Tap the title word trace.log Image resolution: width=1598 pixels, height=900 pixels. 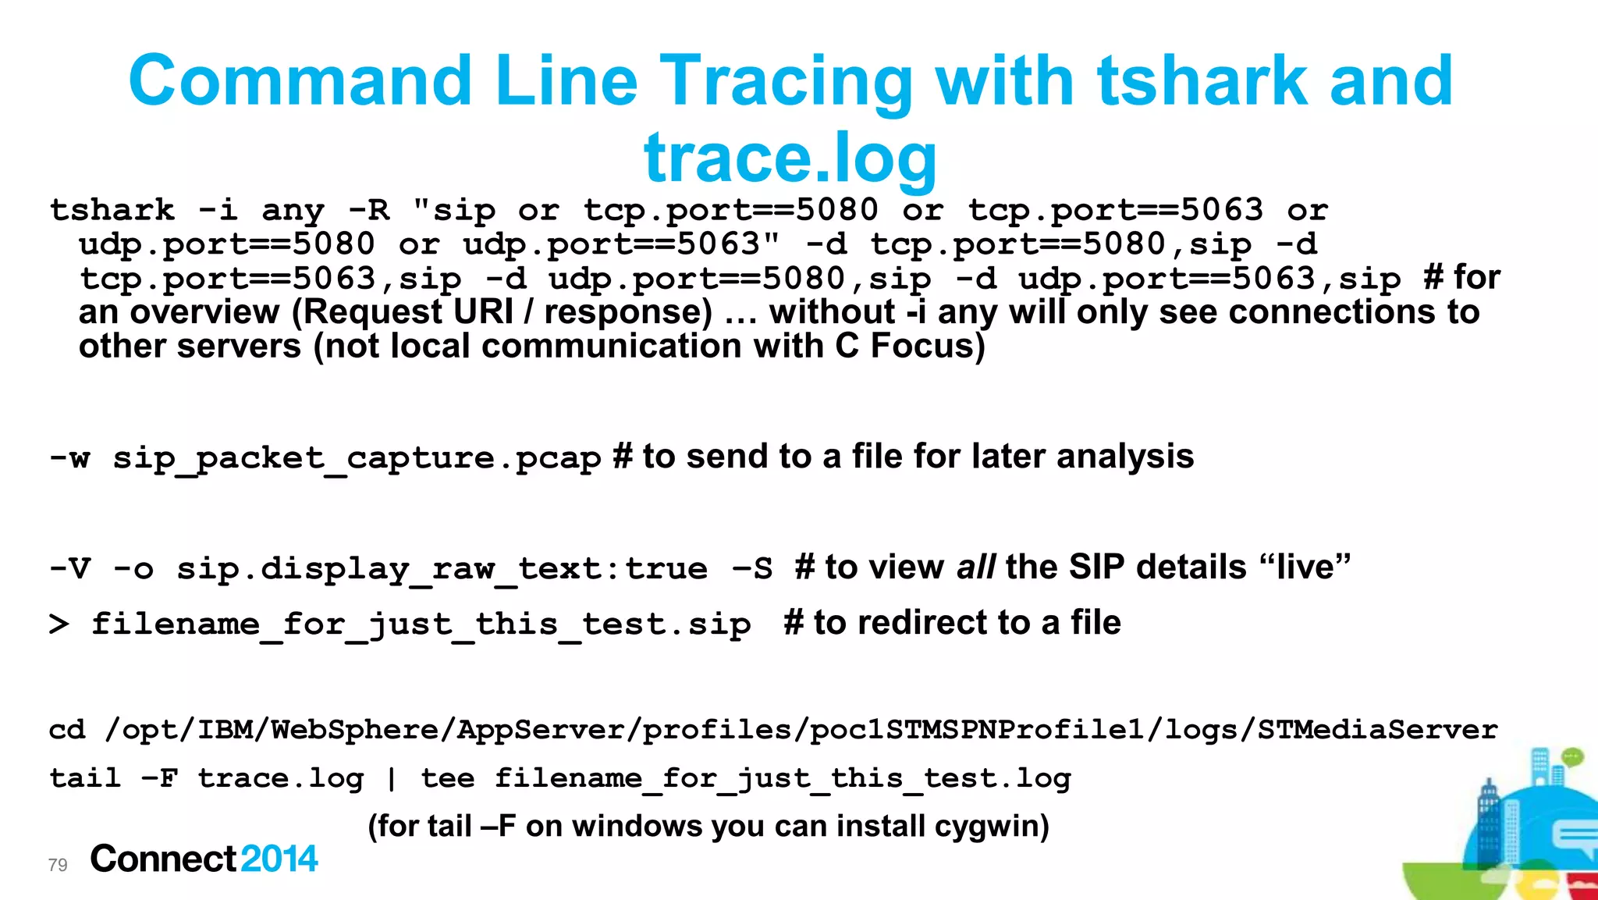pyautogui.click(x=790, y=157)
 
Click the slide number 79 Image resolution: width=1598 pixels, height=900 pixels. pyautogui.click(x=58, y=865)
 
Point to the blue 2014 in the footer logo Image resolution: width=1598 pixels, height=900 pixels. pyautogui.click(x=279, y=859)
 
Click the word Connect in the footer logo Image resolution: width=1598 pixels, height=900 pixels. pyautogui.click(x=163, y=859)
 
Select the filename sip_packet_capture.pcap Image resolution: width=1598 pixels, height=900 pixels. pyautogui.click(x=357, y=458)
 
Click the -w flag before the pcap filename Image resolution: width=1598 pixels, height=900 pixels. pyautogui.click(x=69, y=458)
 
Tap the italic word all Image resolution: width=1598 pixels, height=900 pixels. pyautogui.click(x=975, y=567)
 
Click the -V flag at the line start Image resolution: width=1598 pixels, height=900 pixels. pyautogui.click(x=69, y=568)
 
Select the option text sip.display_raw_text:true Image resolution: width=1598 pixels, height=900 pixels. pyautogui.click(x=442, y=569)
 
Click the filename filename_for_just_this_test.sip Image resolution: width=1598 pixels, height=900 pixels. pyautogui.click(x=421, y=624)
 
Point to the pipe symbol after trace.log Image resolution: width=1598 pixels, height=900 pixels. pyautogui.click(x=391, y=779)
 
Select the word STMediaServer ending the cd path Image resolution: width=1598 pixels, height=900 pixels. pyautogui.click(x=1377, y=730)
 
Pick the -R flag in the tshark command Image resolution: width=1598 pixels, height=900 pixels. pyautogui.click(x=368, y=211)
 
